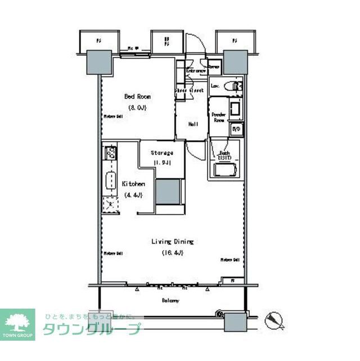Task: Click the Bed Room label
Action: click(137, 96)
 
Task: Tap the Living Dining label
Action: click(172, 242)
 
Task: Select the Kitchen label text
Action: click(134, 184)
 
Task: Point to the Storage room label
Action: click(161, 153)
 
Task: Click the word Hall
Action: click(192, 124)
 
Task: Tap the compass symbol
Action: click(275, 319)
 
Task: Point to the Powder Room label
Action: click(218, 118)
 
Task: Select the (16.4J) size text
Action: click(172, 252)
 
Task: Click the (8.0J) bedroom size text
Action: click(137, 107)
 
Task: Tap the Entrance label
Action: click(196, 71)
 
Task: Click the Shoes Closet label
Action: click(188, 90)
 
